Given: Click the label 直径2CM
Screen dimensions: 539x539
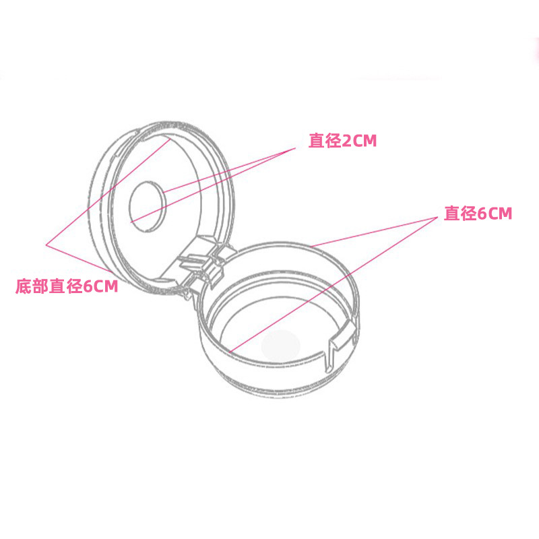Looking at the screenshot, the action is [342, 141].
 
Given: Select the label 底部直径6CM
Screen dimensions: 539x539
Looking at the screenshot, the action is [67, 286].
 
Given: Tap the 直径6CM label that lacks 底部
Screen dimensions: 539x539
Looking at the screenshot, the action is [478, 214].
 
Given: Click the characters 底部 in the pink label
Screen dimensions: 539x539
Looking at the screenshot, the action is [31, 286].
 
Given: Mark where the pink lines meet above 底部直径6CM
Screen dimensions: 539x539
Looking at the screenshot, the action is [46, 244].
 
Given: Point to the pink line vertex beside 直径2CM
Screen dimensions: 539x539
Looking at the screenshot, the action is [296, 149].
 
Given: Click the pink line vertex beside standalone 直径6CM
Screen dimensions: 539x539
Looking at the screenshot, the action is [437, 218].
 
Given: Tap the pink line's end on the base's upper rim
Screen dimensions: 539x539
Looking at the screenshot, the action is [312, 245].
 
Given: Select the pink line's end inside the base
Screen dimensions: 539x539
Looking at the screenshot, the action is [229, 351].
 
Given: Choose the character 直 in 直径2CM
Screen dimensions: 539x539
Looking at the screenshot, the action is [316, 141].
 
